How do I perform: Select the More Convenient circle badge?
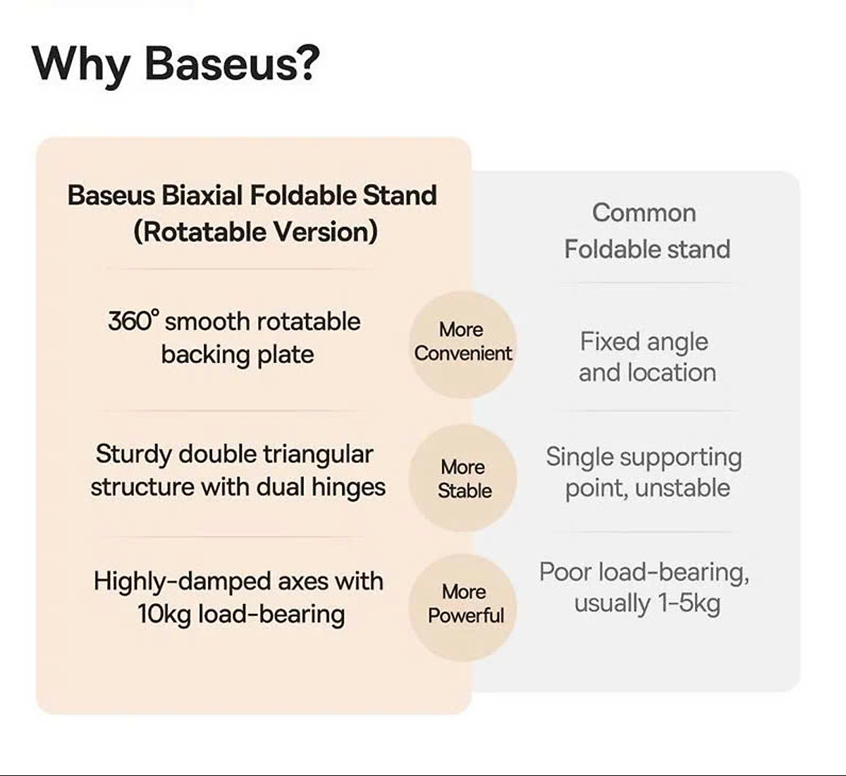click(x=462, y=342)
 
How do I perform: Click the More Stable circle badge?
click(x=464, y=479)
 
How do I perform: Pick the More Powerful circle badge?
click(x=465, y=604)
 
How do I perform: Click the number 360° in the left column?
click(x=133, y=321)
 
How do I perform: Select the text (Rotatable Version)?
click(x=255, y=232)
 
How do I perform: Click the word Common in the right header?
click(x=644, y=213)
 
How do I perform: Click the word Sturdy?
click(x=133, y=455)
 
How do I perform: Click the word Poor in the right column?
click(x=566, y=572)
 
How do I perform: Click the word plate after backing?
click(x=285, y=355)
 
